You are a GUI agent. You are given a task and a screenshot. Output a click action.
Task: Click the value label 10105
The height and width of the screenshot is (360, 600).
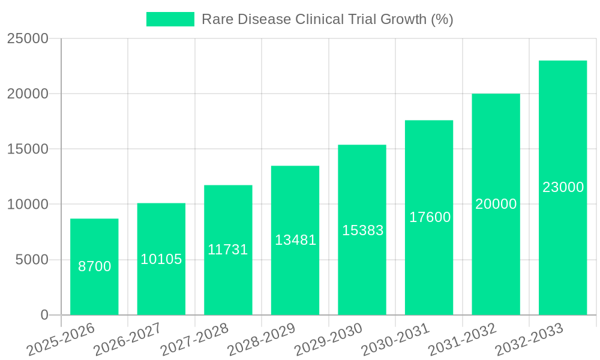point(161,259)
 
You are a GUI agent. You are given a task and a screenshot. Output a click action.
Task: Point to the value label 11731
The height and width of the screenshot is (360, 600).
point(228,250)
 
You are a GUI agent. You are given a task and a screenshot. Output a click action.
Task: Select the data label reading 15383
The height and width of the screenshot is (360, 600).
point(362,230)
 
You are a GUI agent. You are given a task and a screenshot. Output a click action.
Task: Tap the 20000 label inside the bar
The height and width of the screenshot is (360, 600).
point(496,204)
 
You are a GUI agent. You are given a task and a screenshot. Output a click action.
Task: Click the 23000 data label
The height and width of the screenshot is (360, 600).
point(563,187)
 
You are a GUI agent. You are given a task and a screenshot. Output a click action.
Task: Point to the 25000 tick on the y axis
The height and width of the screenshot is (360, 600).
point(28,39)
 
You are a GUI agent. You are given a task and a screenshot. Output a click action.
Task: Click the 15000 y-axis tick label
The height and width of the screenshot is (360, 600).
point(28,149)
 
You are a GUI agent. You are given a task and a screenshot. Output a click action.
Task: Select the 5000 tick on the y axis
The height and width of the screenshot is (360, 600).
point(31,260)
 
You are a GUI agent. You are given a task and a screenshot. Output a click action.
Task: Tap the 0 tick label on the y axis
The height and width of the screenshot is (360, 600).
point(44,315)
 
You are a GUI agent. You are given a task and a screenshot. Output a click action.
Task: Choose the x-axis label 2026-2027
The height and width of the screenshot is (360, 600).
point(128,339)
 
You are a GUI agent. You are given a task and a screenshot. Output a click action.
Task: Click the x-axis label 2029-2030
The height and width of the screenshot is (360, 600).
point(329,339)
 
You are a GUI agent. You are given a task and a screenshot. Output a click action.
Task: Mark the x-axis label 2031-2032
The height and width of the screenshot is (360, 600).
point(463,339)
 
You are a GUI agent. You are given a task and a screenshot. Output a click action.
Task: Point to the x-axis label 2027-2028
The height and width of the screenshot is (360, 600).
point(195,339)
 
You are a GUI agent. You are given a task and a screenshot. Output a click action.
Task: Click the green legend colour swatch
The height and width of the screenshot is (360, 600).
point(170,19)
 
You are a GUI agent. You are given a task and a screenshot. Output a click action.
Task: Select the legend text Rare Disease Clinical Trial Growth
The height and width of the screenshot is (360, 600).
point(327,19)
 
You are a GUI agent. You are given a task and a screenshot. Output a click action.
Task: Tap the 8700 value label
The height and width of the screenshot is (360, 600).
point(95,266)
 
